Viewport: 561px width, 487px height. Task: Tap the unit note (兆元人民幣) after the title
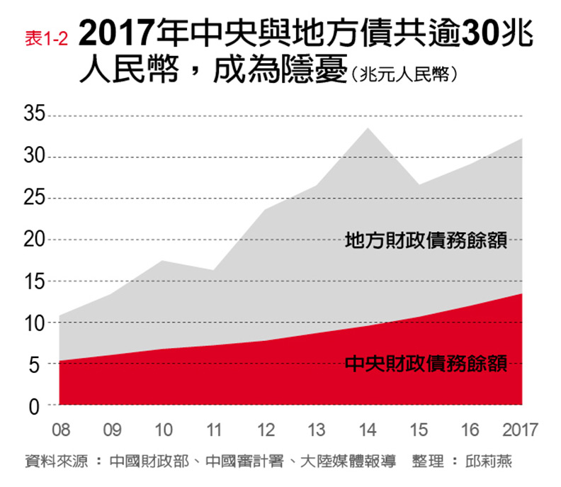(x=408, y=73)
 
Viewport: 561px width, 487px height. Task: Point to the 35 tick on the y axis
(x=34, y=115)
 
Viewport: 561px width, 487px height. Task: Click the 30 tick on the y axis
(x=34, y=157)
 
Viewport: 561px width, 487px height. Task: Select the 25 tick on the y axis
(x=34, y=198)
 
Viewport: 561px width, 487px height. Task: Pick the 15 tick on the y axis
(x=34, y=281)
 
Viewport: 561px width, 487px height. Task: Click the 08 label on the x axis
(x=60, y=430)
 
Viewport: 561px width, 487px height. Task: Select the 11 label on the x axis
(x=214, y=430)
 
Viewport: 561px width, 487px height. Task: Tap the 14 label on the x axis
(x=367, y=430)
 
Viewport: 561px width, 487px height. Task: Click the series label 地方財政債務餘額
(x=426, y=240)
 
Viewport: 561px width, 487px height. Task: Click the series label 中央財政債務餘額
(x=426, y=364)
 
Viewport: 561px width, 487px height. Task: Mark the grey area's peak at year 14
(x=367, y=128)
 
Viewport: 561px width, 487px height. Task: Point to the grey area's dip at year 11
(x=214, y=270)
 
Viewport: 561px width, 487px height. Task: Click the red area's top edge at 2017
(x=523, y=293)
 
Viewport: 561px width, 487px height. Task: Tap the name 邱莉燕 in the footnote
(x=489, y=461)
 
